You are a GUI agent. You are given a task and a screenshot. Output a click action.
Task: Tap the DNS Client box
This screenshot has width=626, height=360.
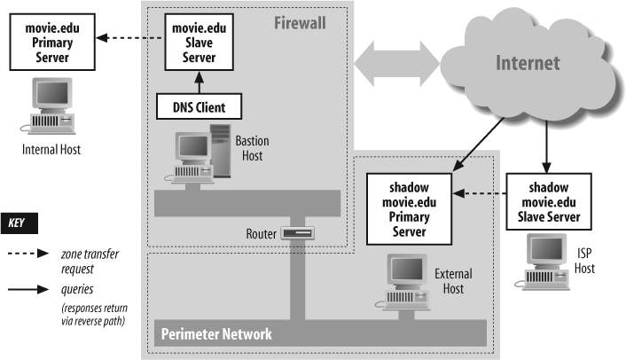tap(200, 107)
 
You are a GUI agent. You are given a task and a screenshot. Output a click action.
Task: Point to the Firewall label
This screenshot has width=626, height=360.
tap(299, 20)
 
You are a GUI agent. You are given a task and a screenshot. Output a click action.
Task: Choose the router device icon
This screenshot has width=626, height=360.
tap(298, 233)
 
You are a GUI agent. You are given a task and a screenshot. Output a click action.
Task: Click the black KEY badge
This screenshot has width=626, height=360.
tap(20, 223)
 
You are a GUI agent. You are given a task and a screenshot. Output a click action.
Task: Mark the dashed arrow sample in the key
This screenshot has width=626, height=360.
tap(28, 253)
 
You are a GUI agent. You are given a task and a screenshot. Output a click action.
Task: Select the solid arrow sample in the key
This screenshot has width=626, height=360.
tap(28, 288)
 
